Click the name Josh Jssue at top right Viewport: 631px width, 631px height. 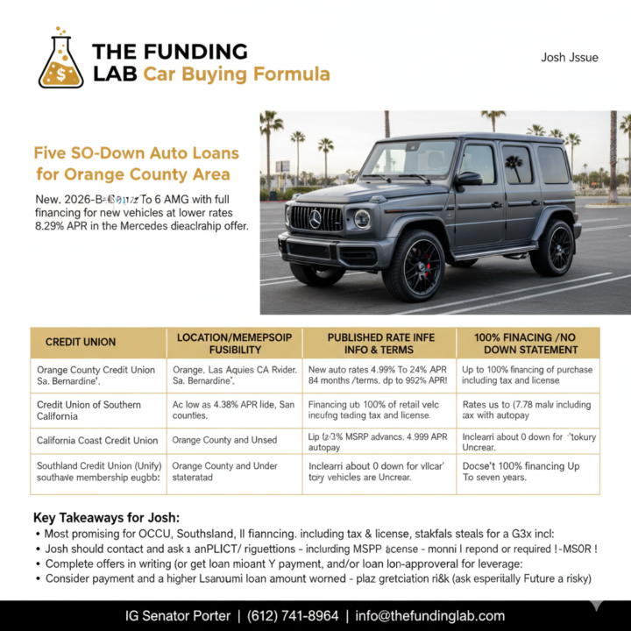570,58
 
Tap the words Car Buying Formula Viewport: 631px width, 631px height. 237,74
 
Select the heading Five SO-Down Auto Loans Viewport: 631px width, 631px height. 136,152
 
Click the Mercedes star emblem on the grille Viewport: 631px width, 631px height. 315,218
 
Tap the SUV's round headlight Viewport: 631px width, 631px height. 361,218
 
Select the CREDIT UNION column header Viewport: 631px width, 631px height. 81,342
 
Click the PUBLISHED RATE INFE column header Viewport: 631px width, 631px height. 379,342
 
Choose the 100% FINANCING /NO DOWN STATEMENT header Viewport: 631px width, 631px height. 528,342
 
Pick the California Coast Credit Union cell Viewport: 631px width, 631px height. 98,440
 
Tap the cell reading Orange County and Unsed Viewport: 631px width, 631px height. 224,440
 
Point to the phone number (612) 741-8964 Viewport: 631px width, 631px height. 293,615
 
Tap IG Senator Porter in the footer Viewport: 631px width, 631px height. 178,615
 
